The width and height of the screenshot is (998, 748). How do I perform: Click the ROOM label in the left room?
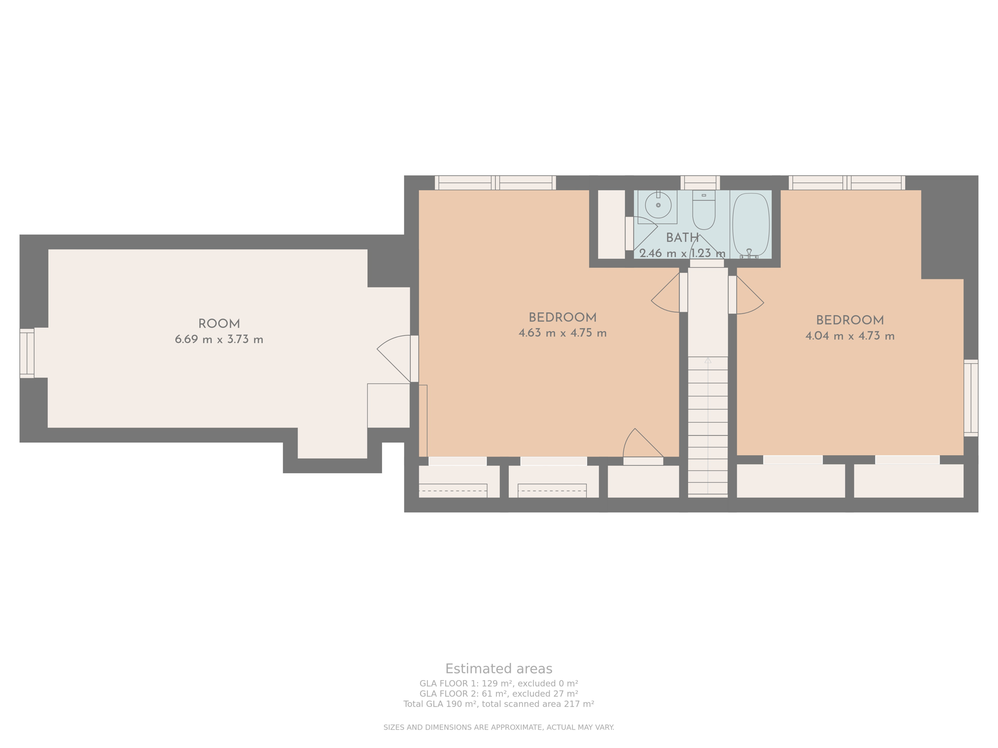click(x=219, y=324)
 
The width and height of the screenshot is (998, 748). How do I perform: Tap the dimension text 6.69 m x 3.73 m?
click(x=219, y=339)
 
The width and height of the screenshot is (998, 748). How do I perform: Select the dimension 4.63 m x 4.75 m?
click(x=562, y=333)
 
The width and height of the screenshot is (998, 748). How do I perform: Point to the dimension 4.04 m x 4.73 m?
click(x=849, y=336)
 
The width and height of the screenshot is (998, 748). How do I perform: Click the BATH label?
click(x=682, y=238)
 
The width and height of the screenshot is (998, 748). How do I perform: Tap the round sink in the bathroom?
click(x=658, y=205)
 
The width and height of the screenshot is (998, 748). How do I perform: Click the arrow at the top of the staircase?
click(x=708, y=361)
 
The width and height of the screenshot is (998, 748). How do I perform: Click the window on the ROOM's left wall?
click(x=27, y=353)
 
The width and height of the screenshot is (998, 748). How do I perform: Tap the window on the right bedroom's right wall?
click(x=971, y=397)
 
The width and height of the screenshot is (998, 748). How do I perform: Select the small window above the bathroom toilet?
click(x=700, y=183)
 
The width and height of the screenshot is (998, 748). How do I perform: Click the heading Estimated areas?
click(x=499, y=668)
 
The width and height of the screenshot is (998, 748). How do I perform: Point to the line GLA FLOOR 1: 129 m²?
click(x=499, y=683)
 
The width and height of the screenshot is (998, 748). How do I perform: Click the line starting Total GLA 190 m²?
click(x=499, y=704)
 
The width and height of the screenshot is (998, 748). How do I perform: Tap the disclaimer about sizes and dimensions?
click(x=499, y=727)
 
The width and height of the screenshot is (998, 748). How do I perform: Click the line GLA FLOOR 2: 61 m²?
click(x=499, y=693)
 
